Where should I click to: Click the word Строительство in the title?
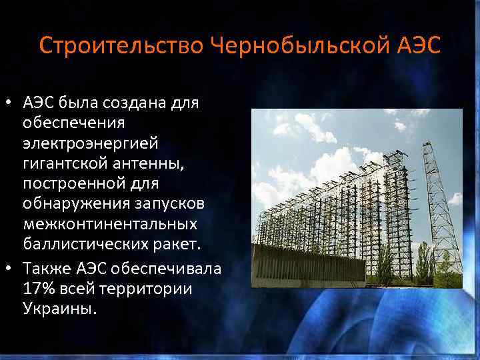[x=121, y=46]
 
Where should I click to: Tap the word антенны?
[x=154, y=163]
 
